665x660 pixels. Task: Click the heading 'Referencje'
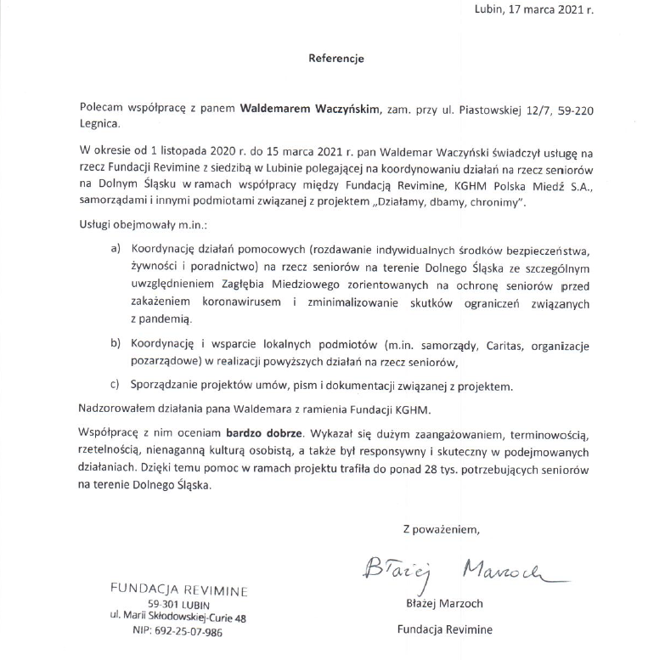pos(335,59)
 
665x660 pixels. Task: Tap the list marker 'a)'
pos(116,250)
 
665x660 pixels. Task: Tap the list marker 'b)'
pos(116,346)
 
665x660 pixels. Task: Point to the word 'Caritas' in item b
pos(507,346)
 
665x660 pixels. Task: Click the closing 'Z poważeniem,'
pos(441,531)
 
